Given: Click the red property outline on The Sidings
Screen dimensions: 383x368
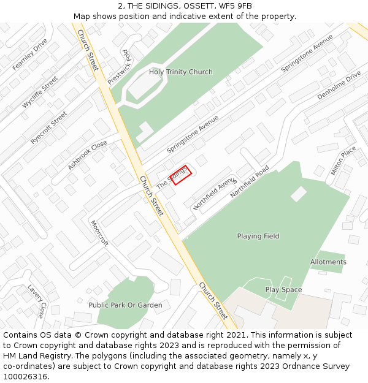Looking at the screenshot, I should pos(182,175).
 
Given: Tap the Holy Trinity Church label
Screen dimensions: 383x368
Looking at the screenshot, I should pos(181,72).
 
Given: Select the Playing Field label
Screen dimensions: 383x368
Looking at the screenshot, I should pos(258,236).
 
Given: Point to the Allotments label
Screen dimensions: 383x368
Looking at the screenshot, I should pos(328,262).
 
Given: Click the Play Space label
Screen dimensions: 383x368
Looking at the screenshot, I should pos(283,289).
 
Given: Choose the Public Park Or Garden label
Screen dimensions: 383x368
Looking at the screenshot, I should pos(125,305).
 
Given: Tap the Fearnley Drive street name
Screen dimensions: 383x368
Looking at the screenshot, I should pos(29,54).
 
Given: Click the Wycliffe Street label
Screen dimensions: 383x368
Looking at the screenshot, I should pos(40,92).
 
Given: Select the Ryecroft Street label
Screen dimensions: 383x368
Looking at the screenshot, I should pos(48,127).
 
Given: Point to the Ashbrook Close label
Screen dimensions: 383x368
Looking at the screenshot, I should pos(87,154).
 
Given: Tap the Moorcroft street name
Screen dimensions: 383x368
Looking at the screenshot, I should pos(99,233).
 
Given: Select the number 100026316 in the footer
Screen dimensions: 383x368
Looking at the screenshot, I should pos(25,376).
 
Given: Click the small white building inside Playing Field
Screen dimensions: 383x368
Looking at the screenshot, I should pos(299,194).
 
